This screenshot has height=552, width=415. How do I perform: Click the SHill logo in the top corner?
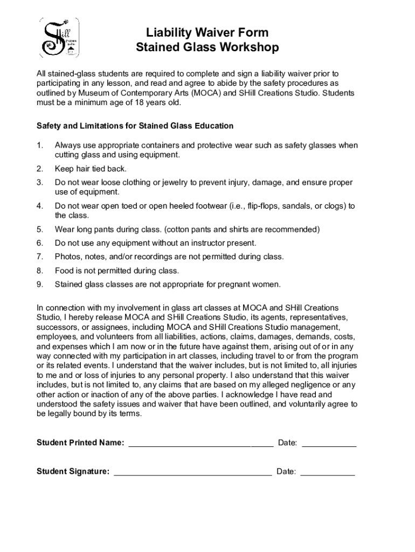pos(58,37)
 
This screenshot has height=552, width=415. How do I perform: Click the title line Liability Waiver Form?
pos(207,33)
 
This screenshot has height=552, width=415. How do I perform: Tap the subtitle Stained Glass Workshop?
pos(207,48)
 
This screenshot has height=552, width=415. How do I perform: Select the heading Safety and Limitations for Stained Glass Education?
pos(135,126)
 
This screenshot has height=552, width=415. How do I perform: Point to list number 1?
pos(39,146)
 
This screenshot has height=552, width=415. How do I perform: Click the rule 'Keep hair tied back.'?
pos(91,169)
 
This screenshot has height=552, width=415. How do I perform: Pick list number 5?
pos(39,230)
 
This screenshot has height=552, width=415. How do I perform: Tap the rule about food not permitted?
pos(116,271)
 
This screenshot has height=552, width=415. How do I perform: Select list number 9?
pos(39,285)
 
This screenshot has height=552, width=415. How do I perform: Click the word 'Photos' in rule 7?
pos(66,257)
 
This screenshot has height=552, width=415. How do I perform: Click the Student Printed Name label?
pos(80,443)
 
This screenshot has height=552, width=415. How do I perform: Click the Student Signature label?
pos(73,472)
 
